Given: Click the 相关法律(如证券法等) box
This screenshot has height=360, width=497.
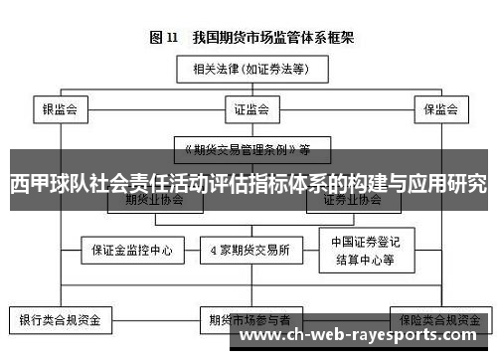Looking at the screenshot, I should (248, 70).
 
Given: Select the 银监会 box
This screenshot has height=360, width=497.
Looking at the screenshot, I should (60, 108).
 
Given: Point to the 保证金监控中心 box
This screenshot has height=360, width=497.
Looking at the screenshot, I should (133, 250).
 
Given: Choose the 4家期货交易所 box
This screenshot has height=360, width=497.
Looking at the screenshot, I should (248, 250).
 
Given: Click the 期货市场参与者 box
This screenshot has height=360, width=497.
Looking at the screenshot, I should (249, 320).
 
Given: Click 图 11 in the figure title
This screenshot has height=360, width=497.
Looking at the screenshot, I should (163, 38).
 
